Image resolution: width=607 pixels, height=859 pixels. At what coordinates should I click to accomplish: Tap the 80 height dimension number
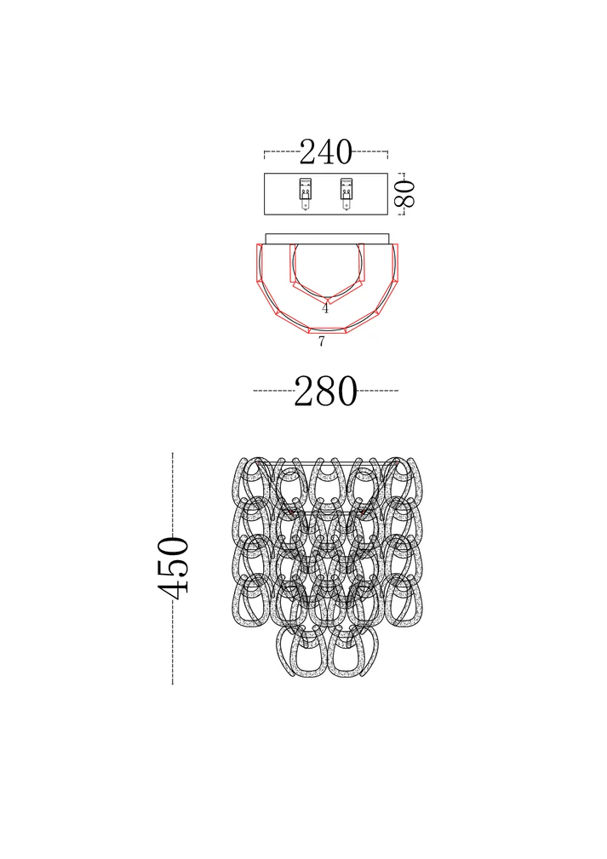pyautogui.click(x=405, y=193)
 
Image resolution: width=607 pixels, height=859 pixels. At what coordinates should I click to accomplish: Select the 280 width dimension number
pyautogui.click(x=325, y=391)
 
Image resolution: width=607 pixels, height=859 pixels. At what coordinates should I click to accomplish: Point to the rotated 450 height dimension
pyautogui.click(x=173, y=568)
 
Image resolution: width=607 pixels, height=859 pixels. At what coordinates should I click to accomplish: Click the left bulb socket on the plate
pyautogui.click(x=305, y=194)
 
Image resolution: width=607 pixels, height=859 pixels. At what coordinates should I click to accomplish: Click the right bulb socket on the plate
pyautogui.click(x=346, y=194)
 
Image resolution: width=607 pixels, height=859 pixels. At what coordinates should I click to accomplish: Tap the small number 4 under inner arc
pyautogui.click(x=325, y=308)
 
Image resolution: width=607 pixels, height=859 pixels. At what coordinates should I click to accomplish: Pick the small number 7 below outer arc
pyautogui.click(x=322, y=341)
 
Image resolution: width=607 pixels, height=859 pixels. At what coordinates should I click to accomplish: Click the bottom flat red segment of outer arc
pyautogui.click(x=327, y=329)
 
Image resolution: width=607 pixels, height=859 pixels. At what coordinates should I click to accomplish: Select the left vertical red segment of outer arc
pyautogui.click(x=260, y=263)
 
